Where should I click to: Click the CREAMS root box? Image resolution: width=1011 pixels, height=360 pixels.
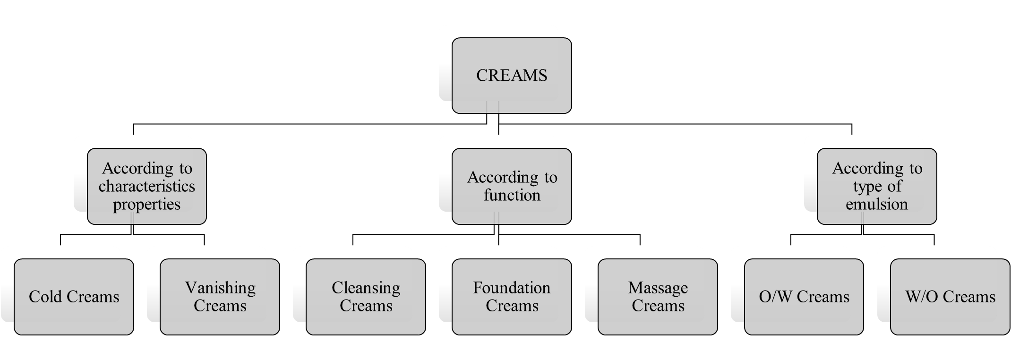[512, 76]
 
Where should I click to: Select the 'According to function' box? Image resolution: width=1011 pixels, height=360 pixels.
[512, 186]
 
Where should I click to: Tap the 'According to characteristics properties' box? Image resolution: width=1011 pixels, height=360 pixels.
[147, 186]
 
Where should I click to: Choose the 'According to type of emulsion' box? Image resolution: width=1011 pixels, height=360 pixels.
[877, 186]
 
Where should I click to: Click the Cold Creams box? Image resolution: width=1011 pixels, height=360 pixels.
[74, 297]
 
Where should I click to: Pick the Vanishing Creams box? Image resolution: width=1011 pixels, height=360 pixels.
[220, 297]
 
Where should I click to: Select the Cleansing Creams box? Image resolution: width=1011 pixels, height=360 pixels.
[366, 297]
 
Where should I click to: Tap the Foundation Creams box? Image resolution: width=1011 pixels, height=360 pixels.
[512, 297]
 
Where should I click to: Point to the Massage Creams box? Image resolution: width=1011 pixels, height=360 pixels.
[658, 297]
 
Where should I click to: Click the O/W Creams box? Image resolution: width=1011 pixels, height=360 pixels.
[804, 297]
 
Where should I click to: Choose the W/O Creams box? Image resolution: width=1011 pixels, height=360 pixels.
[950, 297]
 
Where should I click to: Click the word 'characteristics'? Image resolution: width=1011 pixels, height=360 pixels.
[147, 186]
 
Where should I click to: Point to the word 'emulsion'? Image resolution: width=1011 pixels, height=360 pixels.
[877, 204]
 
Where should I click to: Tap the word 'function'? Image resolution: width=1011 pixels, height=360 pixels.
[512, 195]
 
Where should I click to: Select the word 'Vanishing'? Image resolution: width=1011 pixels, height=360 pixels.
[220, 288]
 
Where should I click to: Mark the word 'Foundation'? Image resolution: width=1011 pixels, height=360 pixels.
[512, 288]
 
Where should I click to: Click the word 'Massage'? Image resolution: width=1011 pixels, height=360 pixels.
[658, 288]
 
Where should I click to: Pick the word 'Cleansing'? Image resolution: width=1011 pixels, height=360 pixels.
[366, 288]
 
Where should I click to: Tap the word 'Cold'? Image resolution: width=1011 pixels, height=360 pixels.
[46, 297]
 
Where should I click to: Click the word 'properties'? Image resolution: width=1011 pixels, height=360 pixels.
[147, 205]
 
